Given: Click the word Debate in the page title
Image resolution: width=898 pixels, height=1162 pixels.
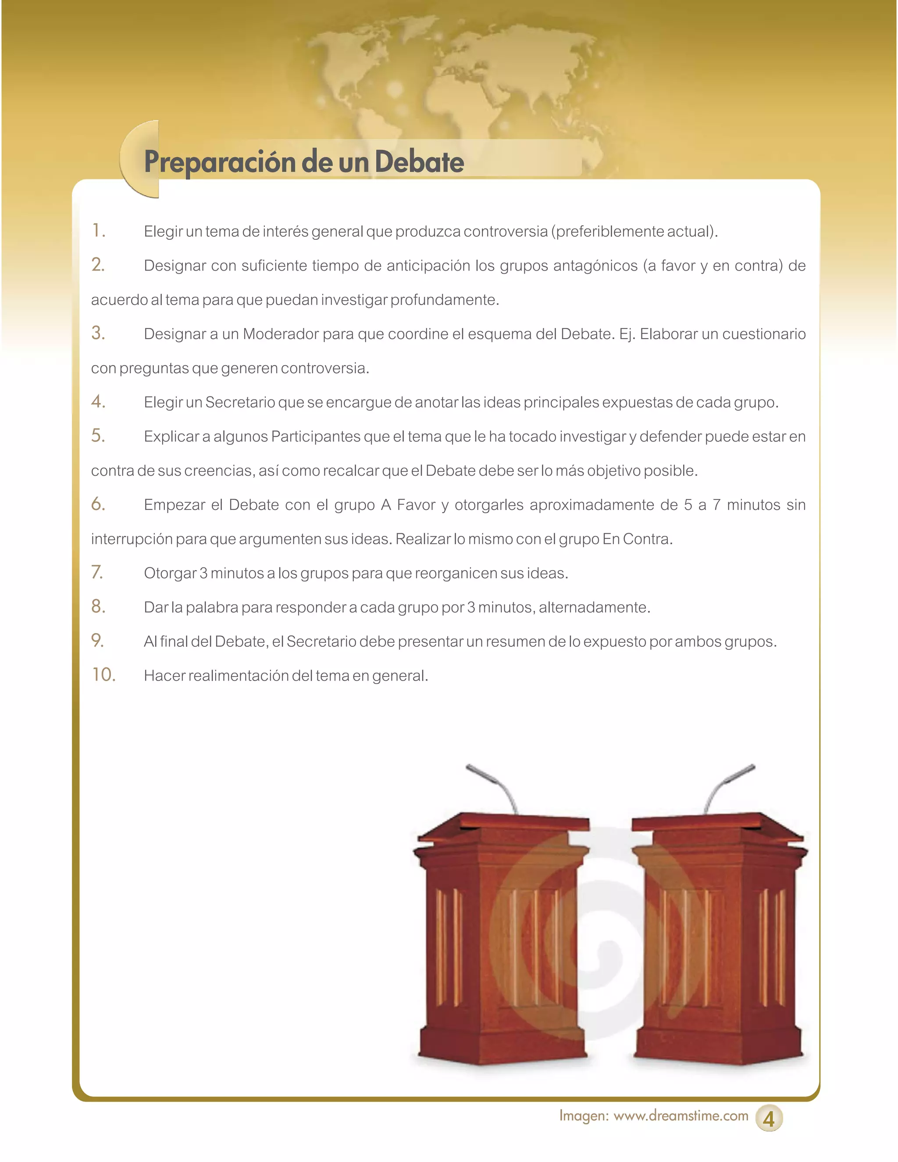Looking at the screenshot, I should point(419,162).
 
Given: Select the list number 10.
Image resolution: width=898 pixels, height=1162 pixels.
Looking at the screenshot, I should point(103,675).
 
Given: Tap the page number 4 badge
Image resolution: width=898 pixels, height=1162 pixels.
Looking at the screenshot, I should point(768,1119).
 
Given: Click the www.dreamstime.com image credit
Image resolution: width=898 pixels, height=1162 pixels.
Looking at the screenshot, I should point(681,1116).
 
